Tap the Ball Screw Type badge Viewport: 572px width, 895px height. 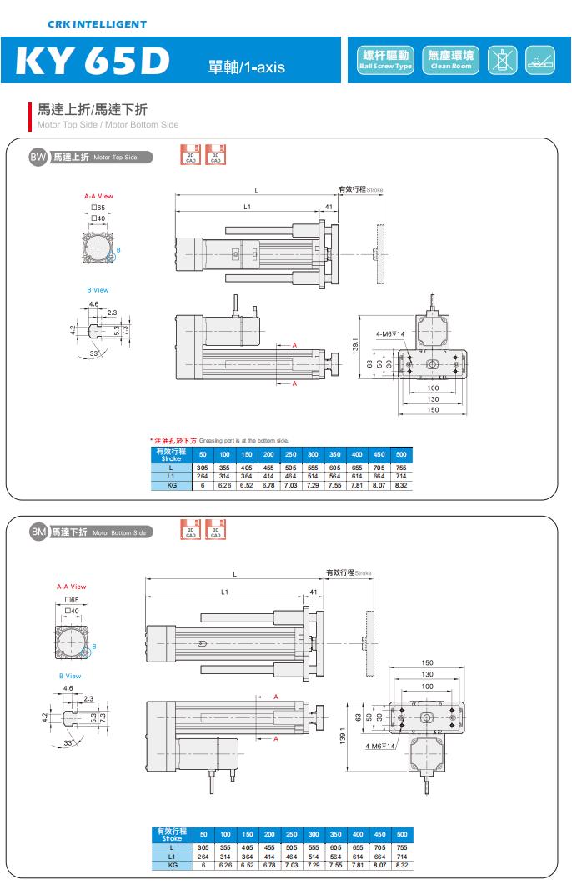(x=385, y=60)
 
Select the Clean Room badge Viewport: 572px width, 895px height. (x=450, y=60)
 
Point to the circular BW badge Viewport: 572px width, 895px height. (x=38, y=157)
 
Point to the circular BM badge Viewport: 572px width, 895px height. (x=38, y=532)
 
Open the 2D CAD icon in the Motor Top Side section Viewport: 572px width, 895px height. (x=190, y=154)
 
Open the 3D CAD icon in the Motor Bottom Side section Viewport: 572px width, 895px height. (x=215, y=529)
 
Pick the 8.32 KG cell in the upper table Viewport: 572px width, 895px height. (x=401, y=484)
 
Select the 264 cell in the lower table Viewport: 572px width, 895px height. (x=202, y=856)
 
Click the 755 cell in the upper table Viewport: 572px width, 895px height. (x=401, y=467)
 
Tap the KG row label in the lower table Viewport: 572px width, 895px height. (x=171, y=865)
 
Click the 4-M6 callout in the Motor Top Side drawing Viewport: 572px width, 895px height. (x=389, y=334)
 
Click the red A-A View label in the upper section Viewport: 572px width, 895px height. (x=98, y=196)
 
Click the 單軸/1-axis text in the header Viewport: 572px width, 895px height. (x=246, y=67)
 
